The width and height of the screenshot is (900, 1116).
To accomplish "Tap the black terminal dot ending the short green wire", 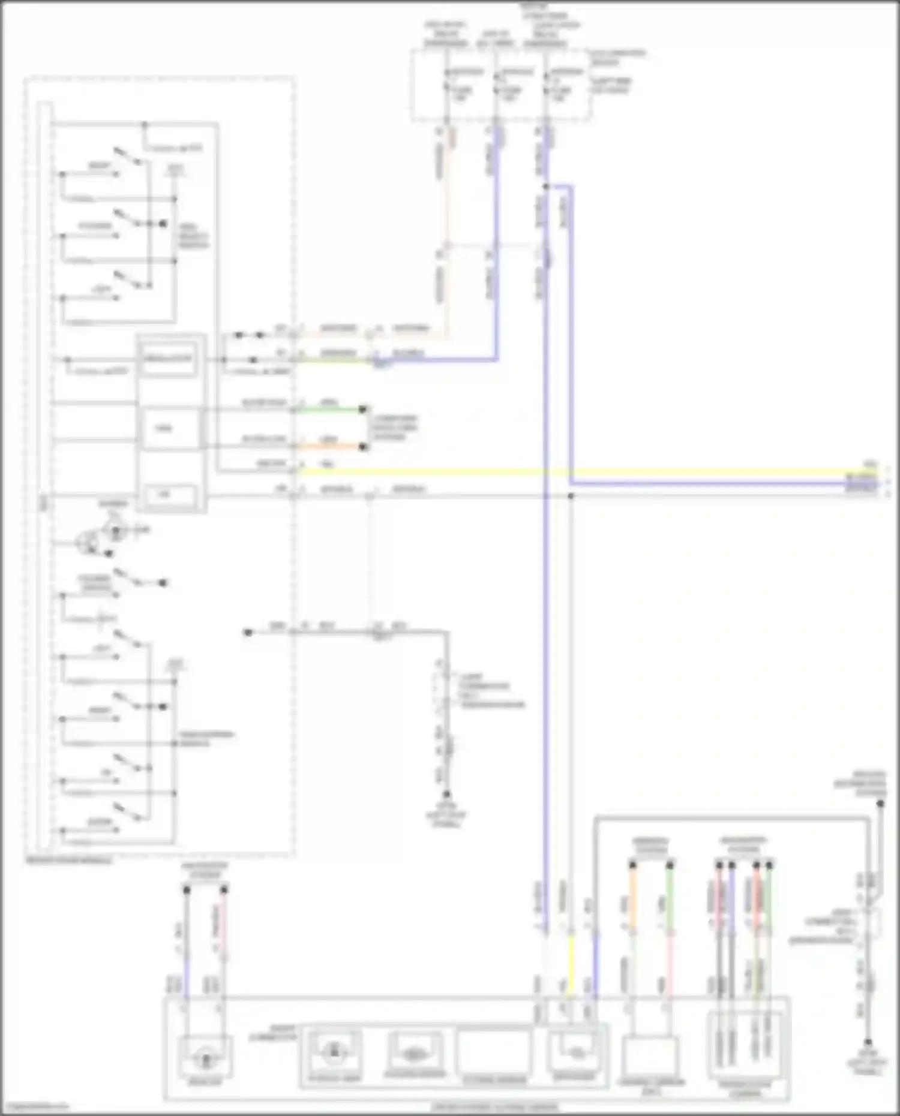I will tap(362, 410).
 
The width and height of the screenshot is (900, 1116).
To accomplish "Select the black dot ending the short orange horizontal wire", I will tap(362, 447).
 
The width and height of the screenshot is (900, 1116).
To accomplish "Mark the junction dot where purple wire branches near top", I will tap(546, 187).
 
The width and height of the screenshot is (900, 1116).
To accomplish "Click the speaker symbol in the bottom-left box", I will tap(206, 1058).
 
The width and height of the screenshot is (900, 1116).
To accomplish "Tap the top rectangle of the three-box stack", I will tap(168, 360).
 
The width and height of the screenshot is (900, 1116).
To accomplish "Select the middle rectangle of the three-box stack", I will tap(168, 428).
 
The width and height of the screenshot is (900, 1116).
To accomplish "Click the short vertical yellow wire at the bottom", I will tap(571, 965).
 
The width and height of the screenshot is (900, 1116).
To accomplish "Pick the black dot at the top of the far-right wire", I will tap(880, 804).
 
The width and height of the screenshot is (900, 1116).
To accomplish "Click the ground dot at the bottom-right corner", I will tap(868, 1042).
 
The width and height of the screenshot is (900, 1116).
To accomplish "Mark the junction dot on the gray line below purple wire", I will tap(571, 496).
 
